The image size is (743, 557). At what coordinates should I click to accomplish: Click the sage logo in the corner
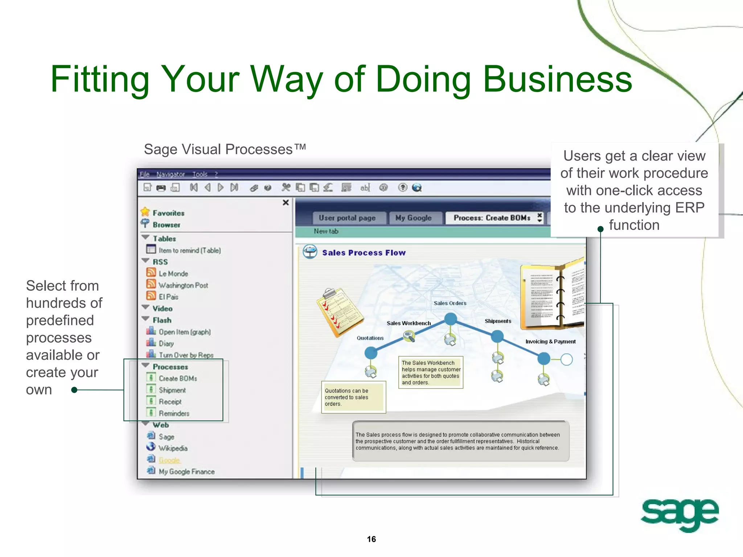pos(679,514)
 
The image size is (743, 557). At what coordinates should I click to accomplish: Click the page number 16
pos(371,539)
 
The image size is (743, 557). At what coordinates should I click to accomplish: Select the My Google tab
pos(413,218)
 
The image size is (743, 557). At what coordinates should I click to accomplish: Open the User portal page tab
pos(347,218)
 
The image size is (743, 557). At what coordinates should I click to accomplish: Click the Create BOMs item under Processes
pos(177,379)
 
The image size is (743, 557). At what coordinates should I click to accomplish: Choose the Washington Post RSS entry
pos(183,285)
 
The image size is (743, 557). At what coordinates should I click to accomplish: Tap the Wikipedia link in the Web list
pos(173,449)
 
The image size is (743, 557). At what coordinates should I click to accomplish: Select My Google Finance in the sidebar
pos(186,472)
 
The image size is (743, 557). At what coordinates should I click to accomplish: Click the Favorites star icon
pos(145,212)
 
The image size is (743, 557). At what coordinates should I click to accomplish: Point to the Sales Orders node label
pos(450,303)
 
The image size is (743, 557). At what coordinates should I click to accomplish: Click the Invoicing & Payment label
pos(550,342)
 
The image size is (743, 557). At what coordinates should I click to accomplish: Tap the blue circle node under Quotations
pos(371,353)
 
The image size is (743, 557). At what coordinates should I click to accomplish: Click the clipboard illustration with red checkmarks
pos(339,312)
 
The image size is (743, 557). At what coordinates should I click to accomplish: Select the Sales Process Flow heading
pos(364,253)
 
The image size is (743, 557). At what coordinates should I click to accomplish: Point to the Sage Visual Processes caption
pos(225,149)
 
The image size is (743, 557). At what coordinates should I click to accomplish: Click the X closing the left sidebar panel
pos(286,202)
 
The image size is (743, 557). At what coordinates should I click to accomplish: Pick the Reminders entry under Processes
pos(174,413)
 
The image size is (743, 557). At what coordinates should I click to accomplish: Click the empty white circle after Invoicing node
pos(566,359)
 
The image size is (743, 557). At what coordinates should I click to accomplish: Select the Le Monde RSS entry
pos(173,274)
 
